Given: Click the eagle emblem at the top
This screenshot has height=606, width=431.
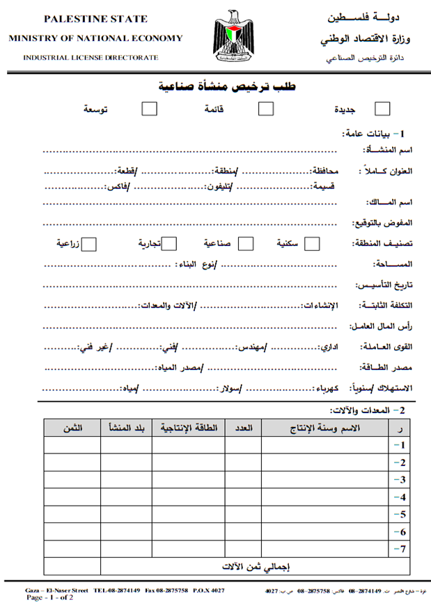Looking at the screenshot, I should (233, 37).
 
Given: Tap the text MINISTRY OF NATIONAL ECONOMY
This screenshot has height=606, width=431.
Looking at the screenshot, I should (95, 38).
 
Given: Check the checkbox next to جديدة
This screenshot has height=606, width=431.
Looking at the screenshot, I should (382, 109).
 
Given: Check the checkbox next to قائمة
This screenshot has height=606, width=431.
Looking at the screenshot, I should (265, 109).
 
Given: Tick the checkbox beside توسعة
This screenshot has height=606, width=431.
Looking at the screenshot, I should (149, 109).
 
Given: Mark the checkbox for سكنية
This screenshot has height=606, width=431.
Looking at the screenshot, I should (313, 244).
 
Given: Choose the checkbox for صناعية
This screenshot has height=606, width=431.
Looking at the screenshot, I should (246, 244).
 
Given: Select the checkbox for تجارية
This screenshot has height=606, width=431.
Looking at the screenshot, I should (170, 244).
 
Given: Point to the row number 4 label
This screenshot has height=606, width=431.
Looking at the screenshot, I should (400, 497).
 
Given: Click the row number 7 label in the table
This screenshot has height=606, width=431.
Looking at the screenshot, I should (400, 550).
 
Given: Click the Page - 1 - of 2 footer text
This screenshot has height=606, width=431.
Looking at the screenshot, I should (49, 598).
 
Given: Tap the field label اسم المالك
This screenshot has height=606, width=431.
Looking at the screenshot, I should (390, 203).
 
